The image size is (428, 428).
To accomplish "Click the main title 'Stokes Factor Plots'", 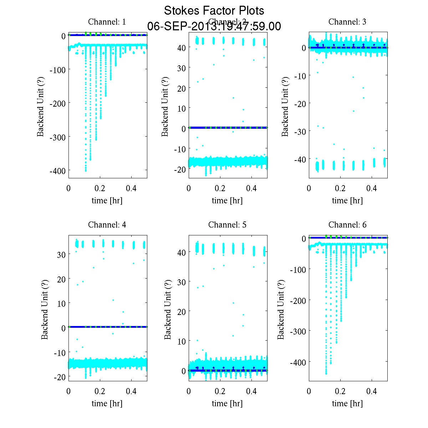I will [214, 11].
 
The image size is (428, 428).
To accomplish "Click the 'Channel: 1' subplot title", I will [107, 22].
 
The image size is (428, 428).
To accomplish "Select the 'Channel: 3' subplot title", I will [347, 22].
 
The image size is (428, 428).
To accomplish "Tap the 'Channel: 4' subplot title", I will [107, 225].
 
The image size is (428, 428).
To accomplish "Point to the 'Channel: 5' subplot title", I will [227, 225].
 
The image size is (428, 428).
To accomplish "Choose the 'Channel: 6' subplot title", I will [347, 225].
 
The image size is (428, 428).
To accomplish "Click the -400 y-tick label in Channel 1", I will [57, 171].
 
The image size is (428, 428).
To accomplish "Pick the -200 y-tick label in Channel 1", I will [57, 103].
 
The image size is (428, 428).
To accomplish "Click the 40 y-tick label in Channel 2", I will [182, 48].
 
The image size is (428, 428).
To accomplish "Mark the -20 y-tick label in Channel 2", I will [180, 170].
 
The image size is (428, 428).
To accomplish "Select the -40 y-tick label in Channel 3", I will [300, 159].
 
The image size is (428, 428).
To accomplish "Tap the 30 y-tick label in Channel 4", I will [61, 255].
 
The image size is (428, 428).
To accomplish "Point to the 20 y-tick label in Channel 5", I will [182, 311].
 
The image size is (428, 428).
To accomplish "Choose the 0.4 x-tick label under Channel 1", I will [131, 189].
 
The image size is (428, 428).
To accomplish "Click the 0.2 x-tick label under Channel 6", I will [340, 392].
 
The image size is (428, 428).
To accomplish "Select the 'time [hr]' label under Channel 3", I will [347, 200].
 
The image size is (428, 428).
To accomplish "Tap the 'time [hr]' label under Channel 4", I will [107, 403].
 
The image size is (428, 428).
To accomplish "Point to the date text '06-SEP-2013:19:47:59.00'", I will [214, 26].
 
